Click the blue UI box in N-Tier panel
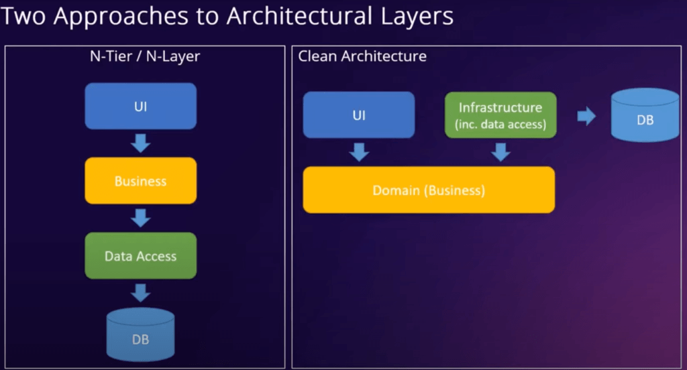(141, 106)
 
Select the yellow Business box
(141, 180)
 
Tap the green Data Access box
(141, 256)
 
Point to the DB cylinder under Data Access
(141, 334)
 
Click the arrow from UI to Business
(141, 143)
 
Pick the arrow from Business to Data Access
(141, 218)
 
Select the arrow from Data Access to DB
(141, 293)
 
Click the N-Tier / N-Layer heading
(145, 56)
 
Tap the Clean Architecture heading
(362, 56)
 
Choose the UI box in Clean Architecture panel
(359, 115)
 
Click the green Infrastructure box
(500, 115)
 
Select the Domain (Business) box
(429, 190)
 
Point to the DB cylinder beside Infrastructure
(645, 115)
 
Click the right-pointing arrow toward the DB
(586, 116)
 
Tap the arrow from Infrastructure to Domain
(500, 152)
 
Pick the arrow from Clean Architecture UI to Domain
(360, 152)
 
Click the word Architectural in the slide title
(300, 16)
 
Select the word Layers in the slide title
(417, 17)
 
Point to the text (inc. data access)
(500, 125)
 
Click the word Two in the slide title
(23, 16)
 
